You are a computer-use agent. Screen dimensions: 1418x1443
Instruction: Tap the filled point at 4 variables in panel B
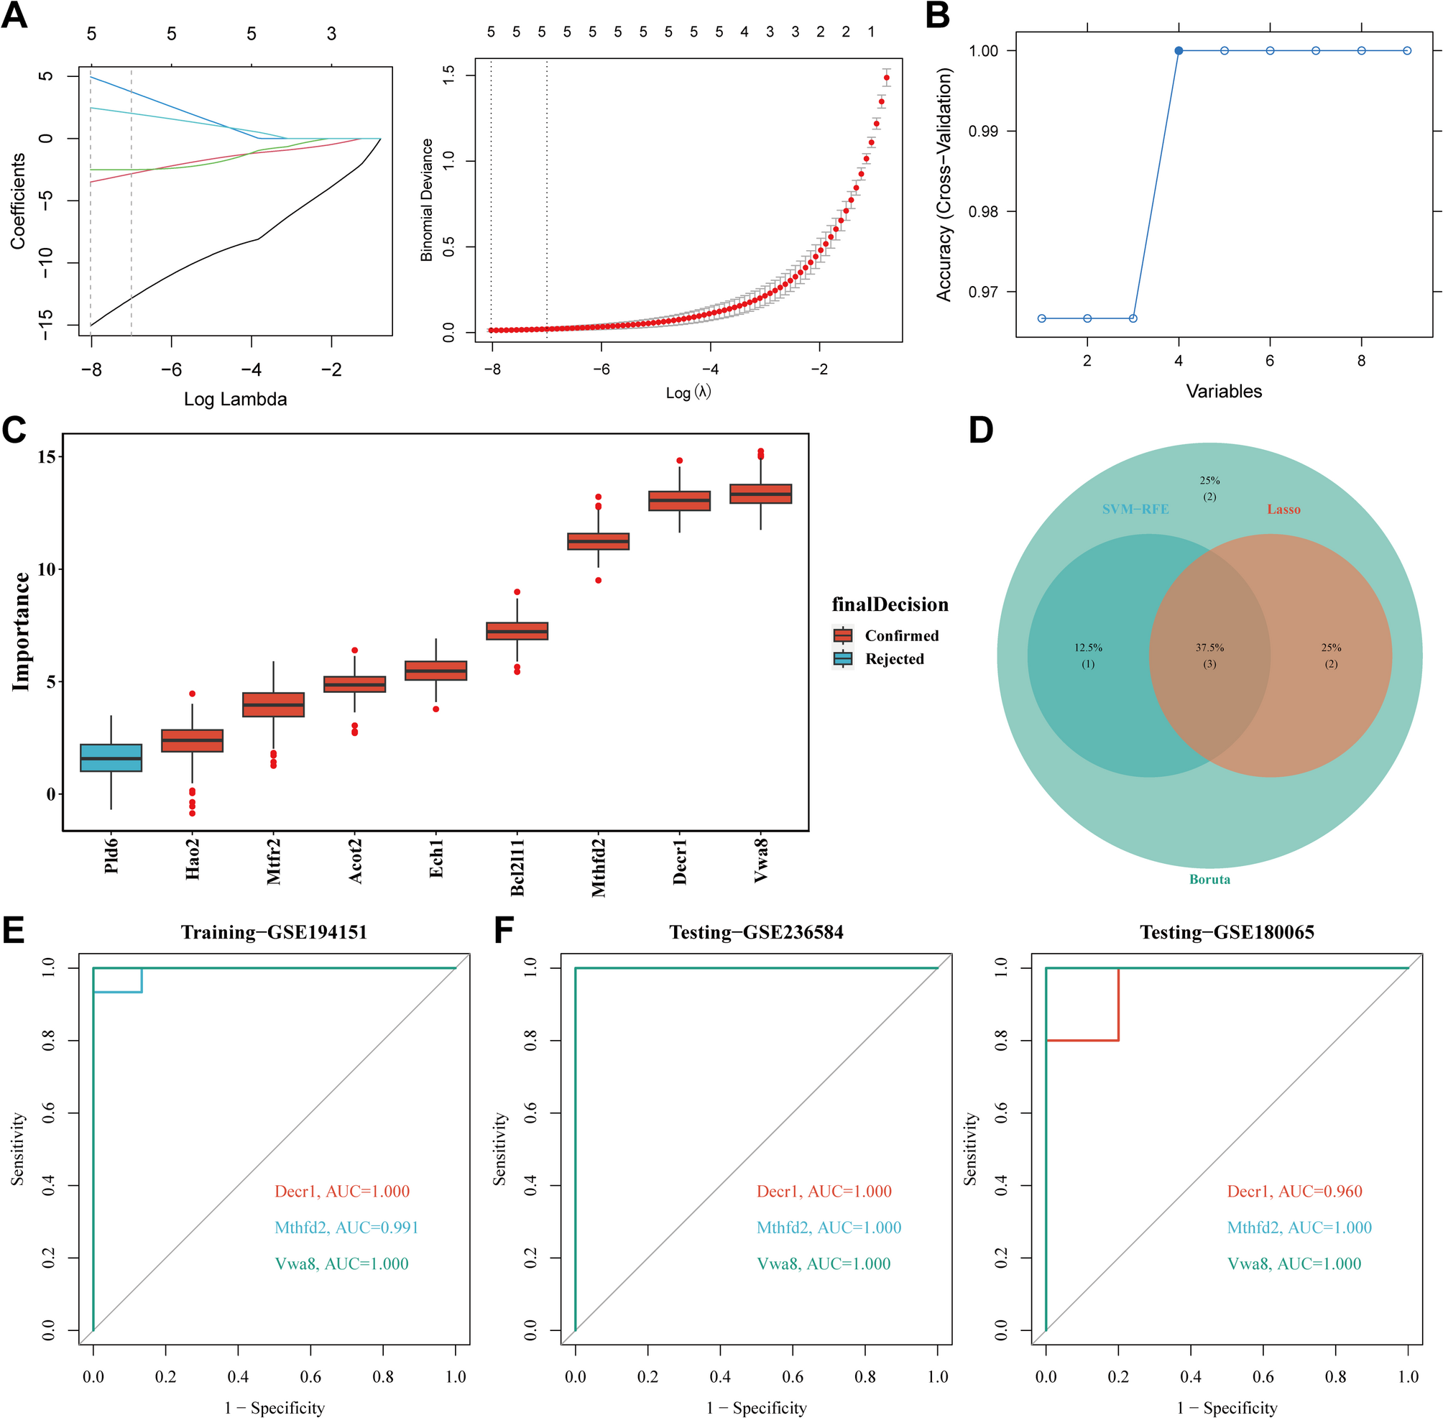[x=1179, y=50]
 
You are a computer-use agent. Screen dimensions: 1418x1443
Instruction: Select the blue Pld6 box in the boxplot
[x=111, y=758]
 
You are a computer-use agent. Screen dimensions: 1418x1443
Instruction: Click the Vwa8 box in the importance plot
[x=760, y=494]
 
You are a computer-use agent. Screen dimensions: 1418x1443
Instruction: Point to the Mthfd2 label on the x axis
[x=599, y=867]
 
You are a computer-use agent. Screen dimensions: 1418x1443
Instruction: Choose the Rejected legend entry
[x=893, y=659]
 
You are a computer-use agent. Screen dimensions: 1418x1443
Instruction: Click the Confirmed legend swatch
[x=843, y=635]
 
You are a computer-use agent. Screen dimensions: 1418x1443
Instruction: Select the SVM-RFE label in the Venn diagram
[x=1135, y=510]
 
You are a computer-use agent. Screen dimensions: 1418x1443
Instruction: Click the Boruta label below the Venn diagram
[x=1209, y=880]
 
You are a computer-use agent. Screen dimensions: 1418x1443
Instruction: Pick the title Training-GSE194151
[x=274, y=932]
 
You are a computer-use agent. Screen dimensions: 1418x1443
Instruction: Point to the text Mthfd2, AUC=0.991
[x=346, y=1228]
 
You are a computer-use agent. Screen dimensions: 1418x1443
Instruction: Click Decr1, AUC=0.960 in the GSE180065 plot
[x=1294, y=1192]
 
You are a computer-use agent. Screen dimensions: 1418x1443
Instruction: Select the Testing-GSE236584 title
[x=756, y=932]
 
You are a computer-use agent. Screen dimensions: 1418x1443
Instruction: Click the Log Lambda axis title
[x=235, y=399]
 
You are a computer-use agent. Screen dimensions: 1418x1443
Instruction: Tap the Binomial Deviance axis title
[x=427, y=200]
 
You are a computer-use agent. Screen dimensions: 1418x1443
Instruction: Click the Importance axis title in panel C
[x=21, y=632]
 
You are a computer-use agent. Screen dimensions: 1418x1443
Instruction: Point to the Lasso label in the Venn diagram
[x=1283, y=510]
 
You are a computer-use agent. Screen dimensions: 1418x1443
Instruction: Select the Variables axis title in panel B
[x=1223, y=392]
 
